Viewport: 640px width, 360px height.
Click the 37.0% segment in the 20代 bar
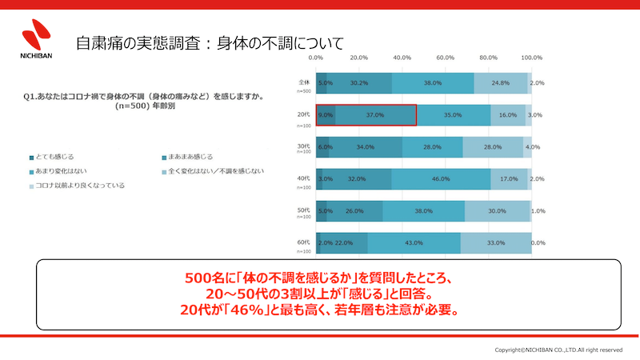[x=375, y=115]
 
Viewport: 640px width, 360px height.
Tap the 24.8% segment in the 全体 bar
[x=501, y=83]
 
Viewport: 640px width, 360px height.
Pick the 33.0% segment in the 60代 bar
[x=495, y=243]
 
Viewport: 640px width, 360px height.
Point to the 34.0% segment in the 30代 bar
[x=365, y=147]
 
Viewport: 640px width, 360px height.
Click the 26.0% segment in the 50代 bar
[x=354, y=211]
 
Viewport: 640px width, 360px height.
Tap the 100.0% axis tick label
[x=532, y=58]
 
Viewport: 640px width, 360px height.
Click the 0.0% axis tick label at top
[x=315, y=58]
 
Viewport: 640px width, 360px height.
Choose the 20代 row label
[x=304, y=115]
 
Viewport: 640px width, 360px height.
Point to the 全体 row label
[x=304, y=82]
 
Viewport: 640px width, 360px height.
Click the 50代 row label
[x=304, y=210]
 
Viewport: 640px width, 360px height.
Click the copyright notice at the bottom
[x=558, y=350]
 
